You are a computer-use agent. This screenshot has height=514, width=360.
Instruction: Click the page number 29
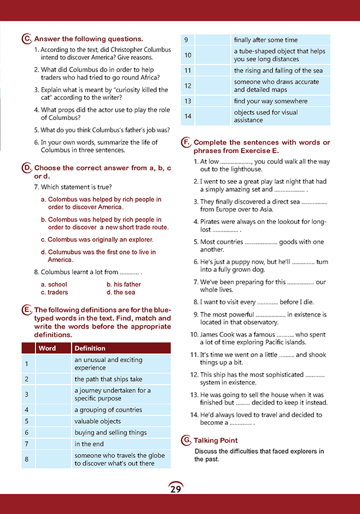tap(176, 489)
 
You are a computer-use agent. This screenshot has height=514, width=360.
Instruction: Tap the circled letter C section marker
tap(27, 39)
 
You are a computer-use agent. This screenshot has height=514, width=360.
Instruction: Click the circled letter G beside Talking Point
tap(186, 440)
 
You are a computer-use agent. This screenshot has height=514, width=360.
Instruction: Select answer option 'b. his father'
tap(124, 284)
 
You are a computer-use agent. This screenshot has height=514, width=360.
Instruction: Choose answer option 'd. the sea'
tap(121, 292)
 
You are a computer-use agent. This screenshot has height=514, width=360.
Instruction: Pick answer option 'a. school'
tap(54, 284)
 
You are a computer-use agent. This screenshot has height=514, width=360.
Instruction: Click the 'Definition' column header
tap(90, 348)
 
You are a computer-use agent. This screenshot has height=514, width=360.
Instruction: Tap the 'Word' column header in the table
tap(47, 348)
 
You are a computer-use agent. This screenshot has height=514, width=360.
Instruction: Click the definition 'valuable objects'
tap(98, 421)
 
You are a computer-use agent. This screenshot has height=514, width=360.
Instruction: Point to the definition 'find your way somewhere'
tap(270, 101)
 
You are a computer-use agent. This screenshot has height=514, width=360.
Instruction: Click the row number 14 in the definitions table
tap(187, 116)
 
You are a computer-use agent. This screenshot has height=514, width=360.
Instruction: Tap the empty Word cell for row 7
tap(53, 444)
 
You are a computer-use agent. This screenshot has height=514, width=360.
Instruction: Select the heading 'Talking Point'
tap(216, 440)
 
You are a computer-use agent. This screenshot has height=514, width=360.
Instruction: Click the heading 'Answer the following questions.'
tap(89, 39)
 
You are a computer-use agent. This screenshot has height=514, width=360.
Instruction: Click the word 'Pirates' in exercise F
tap(211, 222)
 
